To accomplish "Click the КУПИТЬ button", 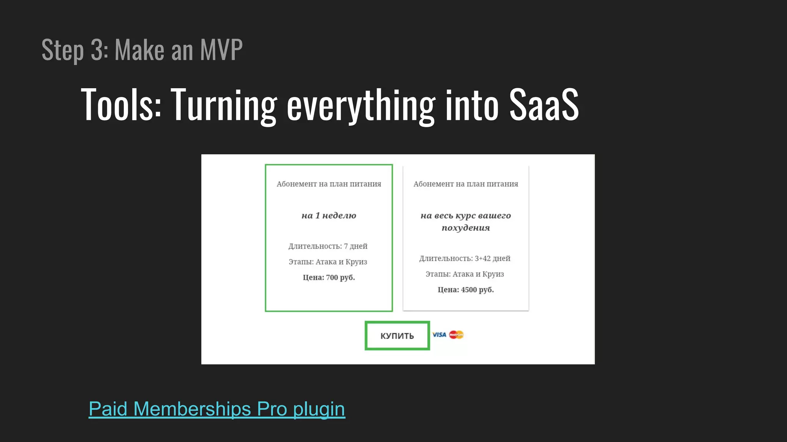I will coord(397,336).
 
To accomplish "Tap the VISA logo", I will coord(439,335).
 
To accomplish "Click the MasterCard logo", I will coord(456,335).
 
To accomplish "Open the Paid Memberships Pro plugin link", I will coord(217,409).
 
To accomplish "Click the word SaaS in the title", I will coord(544,105).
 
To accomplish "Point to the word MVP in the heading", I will coord(221,50).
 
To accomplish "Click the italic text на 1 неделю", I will coord(329,216).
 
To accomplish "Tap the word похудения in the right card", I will coord(465,228).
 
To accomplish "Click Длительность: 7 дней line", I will coord(328,246).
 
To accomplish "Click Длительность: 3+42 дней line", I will coord(465,258).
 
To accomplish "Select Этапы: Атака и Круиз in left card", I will coord(328,262).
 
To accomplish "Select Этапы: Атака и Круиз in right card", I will coord(465,274).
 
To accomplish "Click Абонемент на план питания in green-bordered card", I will coord(329,184).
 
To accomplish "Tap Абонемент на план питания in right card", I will coord(465,184).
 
